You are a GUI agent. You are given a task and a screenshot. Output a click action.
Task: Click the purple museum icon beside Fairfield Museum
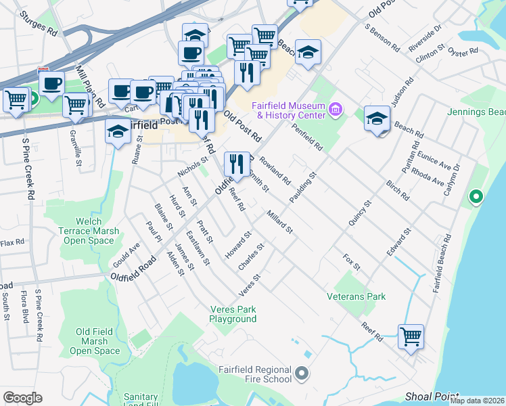click(334, 109)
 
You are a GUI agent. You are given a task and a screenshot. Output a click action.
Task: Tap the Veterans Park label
click(356, 296)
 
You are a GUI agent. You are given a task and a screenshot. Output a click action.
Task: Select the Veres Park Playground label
click(232, 314)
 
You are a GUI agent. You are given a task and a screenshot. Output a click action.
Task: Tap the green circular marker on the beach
click(476, 198)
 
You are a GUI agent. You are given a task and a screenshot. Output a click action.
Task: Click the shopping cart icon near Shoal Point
click(411, 336)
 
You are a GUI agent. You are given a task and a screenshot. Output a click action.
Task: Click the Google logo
click(22, 397)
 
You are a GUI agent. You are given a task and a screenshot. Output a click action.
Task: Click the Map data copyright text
click(476, 401)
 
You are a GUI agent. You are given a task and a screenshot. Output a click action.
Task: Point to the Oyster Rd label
click(463, 50)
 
